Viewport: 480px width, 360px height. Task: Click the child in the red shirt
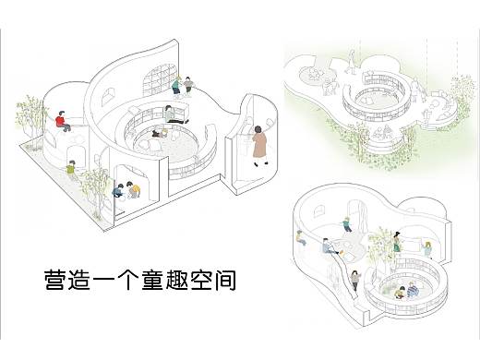[61, 122]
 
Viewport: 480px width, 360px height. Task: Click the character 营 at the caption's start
[55, 279]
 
